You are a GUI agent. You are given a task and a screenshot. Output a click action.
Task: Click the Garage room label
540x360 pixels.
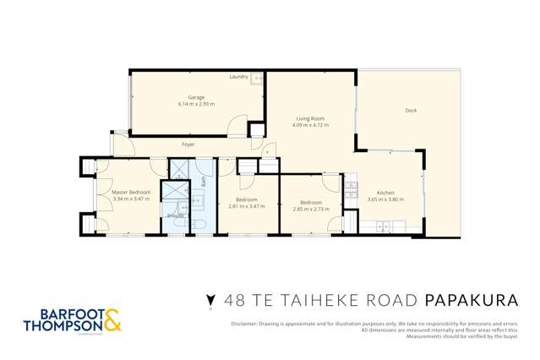(196, 97)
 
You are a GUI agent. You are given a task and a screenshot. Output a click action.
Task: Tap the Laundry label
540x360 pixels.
(239, 77)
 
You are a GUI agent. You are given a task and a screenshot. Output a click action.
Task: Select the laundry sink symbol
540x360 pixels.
(258, 78)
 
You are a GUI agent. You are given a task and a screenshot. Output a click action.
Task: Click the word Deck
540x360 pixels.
(411, 111)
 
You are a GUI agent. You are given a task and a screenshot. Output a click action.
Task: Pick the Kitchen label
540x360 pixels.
(385, 193)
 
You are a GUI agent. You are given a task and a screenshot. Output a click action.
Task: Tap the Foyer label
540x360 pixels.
(188, 145)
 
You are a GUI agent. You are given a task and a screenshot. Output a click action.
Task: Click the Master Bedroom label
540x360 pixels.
(131, 193)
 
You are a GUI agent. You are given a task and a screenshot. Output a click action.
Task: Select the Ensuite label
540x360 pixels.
(176, 216)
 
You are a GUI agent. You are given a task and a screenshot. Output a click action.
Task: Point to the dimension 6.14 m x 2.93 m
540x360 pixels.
(196, 103)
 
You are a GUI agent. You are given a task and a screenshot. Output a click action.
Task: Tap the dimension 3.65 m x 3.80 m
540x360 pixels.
(385, 199)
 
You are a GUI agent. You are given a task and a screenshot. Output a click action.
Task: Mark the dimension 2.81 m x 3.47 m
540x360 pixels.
(247, 206)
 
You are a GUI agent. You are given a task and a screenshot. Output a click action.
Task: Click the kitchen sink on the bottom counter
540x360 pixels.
(385, 226)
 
